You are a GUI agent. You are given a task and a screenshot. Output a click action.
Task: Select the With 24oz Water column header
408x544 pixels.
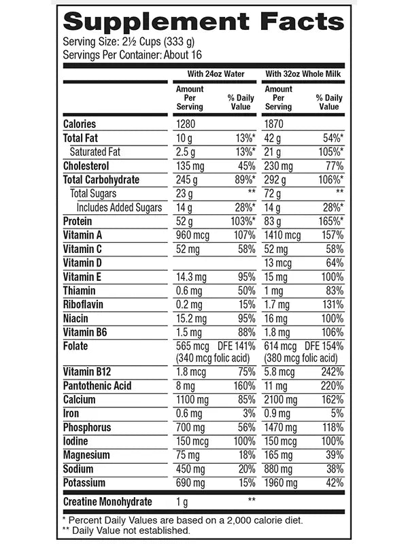(212, 73)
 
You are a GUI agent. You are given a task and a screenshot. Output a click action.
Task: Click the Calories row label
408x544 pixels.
(80, 124)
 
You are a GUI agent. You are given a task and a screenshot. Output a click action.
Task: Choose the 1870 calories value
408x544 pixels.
(276, 124)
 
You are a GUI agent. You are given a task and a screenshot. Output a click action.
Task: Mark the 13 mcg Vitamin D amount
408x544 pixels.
(279, 263)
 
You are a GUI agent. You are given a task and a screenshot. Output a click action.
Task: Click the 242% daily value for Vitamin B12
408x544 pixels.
(327, 372)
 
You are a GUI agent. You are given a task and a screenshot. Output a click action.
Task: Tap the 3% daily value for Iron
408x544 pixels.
(248, 413)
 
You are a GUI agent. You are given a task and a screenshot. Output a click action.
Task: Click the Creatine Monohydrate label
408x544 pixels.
(107, 502)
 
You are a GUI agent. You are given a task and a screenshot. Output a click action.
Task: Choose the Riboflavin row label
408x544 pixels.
(83, 305)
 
